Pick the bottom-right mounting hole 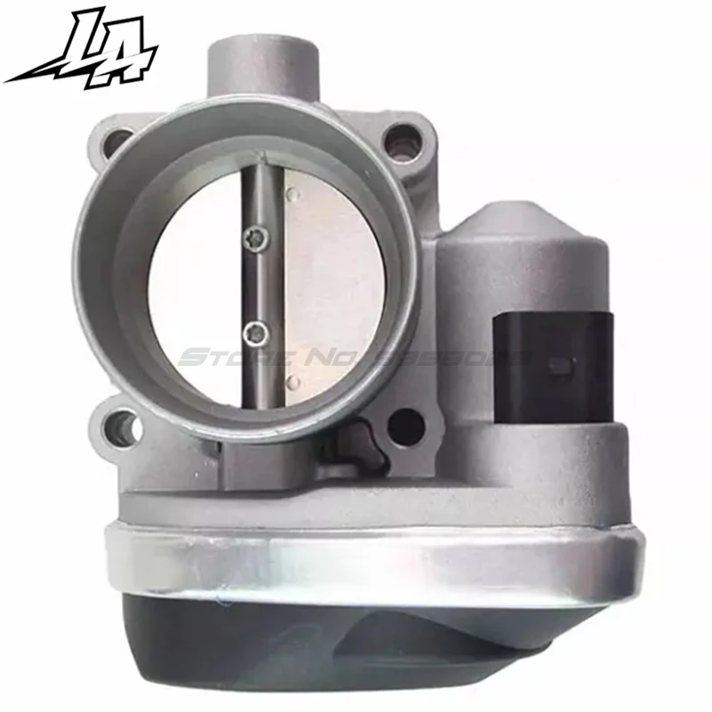[406, 425]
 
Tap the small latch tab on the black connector [559, 365]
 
